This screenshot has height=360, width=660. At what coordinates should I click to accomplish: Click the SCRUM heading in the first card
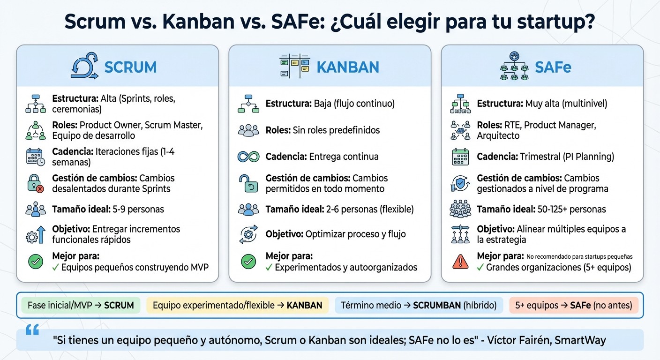tap(130, 67)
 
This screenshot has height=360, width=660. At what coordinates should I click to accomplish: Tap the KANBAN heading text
tap(348, 67)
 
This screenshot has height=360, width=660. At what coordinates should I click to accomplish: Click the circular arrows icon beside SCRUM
tap(84, 66)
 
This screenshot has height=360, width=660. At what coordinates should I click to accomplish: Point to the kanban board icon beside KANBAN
tap(295, 66)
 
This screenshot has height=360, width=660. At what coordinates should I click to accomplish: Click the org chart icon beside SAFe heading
tap(514, 66)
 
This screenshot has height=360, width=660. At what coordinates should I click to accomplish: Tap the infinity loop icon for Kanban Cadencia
tap(248, 157)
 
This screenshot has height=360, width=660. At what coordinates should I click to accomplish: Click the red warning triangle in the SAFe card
tap(460, 262)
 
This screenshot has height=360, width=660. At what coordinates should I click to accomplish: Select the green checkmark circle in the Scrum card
tap(36, 262)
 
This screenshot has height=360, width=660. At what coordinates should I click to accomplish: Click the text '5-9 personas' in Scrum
tap(138, 209)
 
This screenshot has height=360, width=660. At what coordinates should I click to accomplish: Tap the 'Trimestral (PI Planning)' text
tap(567, 157)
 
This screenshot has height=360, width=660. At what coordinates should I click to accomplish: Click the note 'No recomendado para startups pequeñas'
tap(579, 256)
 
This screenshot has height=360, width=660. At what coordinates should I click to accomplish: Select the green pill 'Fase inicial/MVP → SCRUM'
tap(81, 305)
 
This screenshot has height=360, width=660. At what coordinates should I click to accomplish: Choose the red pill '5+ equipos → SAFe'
tap(574, 305)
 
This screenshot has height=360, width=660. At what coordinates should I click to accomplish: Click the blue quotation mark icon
tap(32, 330)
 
